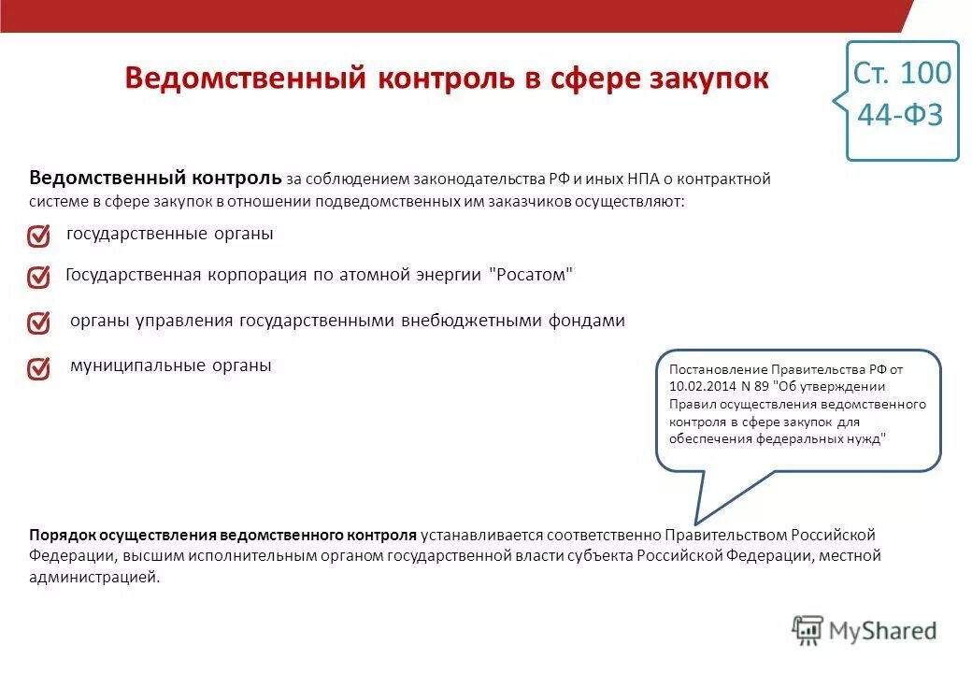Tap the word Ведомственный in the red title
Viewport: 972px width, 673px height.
click(245, 79)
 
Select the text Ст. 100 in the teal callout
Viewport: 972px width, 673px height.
click(902, 73)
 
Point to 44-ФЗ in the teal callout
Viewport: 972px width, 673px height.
click(901, 115)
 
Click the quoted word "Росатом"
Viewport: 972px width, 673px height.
click(531, 275)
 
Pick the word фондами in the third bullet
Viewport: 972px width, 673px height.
click(589, 321)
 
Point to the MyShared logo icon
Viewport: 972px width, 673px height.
click(808, 631)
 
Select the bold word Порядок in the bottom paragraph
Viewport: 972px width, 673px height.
click(58, 535)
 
